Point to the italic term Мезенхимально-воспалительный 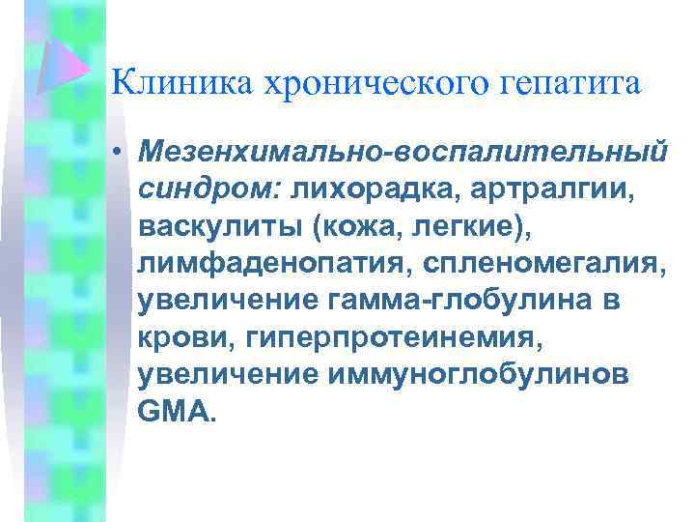pos(403,152)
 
